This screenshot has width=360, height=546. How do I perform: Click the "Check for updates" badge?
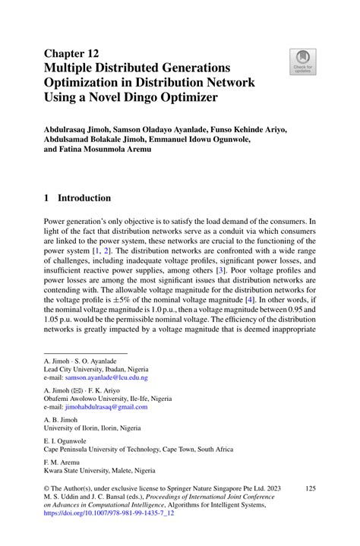click(x=303, y=62)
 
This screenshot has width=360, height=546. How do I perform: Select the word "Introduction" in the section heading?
click(x=86, y=198)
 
